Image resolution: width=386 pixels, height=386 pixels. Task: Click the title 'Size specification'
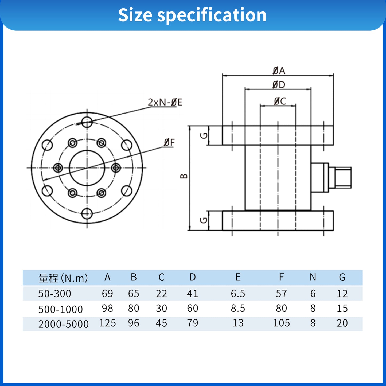click(x=192, y=15)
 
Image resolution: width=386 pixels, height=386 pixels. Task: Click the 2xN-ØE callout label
click(x=165, y=102)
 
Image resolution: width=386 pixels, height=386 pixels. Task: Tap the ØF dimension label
click(x=169, y=143)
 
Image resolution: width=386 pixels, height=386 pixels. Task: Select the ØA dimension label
click(x=279, y=71)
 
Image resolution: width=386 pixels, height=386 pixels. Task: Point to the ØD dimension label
click(x=279, y=85)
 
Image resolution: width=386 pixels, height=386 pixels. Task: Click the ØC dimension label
click(x=280, y=101)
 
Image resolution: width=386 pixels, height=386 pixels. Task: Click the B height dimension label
click(x=184, y=176)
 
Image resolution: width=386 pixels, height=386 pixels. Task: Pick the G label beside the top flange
click(x=204, y=136)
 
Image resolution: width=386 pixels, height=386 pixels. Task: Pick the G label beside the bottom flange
click(x=204, y=220)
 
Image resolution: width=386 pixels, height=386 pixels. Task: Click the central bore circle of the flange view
click(x=87, y=168)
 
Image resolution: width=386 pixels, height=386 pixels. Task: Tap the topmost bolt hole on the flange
click(x=87, y=122)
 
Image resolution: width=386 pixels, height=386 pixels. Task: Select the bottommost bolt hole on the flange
click(x=87, y=214)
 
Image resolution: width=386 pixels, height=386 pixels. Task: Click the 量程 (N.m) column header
click(x=63, y=278)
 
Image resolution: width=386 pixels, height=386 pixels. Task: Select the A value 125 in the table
click(x=107, y=323)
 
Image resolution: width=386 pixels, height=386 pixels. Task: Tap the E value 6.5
click(x=238, y=294)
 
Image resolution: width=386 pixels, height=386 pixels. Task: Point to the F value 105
click(x=281, y=323)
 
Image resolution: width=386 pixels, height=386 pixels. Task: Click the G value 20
click(x=342, y=323)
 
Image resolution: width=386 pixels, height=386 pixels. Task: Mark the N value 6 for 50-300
click(x=313, y=294)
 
